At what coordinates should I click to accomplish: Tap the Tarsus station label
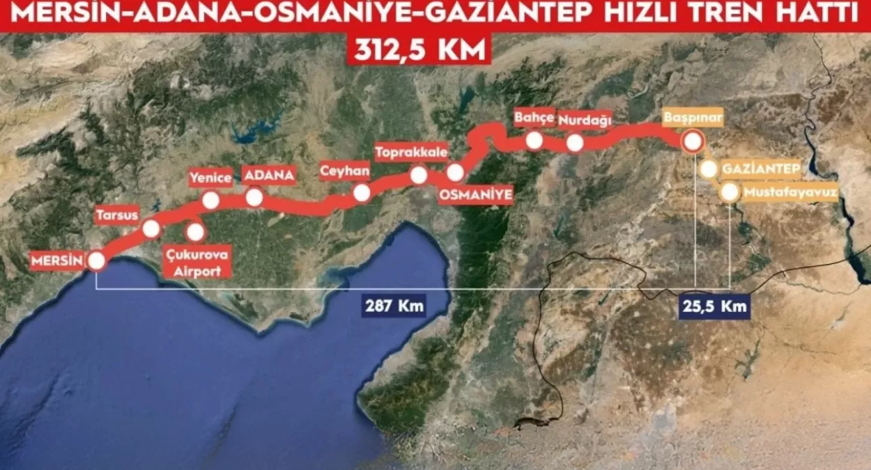117,214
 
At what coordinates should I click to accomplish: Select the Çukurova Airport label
196,263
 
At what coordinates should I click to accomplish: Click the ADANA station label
268,174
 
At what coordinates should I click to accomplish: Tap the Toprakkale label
411,151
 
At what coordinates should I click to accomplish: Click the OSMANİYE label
477,195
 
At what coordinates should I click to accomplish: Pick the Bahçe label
534,117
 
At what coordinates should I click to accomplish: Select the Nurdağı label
585,120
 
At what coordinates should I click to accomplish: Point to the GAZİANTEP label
760,169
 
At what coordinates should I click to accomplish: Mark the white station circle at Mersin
96,261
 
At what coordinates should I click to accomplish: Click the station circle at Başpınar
693,142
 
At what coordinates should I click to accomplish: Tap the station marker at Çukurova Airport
196,231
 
